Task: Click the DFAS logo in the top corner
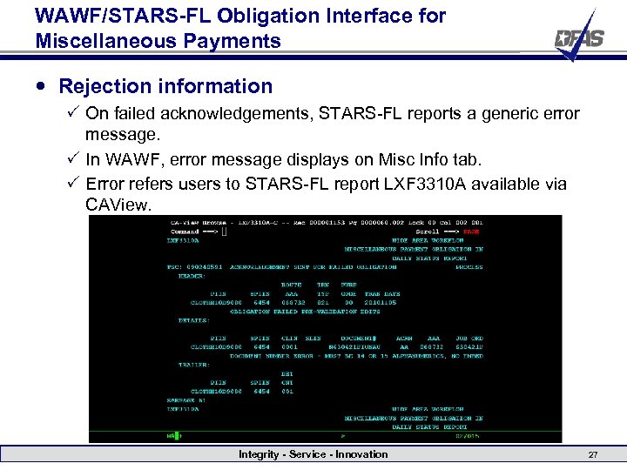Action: pyautogui.click(x=577, y=37)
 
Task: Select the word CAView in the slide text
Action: pyautogui.click(x=118, y=205)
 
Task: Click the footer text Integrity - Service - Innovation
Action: pyautogui.click(x=313, y=454)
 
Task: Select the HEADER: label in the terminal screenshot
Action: pyautogui.click(x=192, y=276)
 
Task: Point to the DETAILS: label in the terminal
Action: pyautogui.click(x=193, y=320)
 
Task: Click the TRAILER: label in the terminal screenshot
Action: pyautogui.click(x=193, y=365)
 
